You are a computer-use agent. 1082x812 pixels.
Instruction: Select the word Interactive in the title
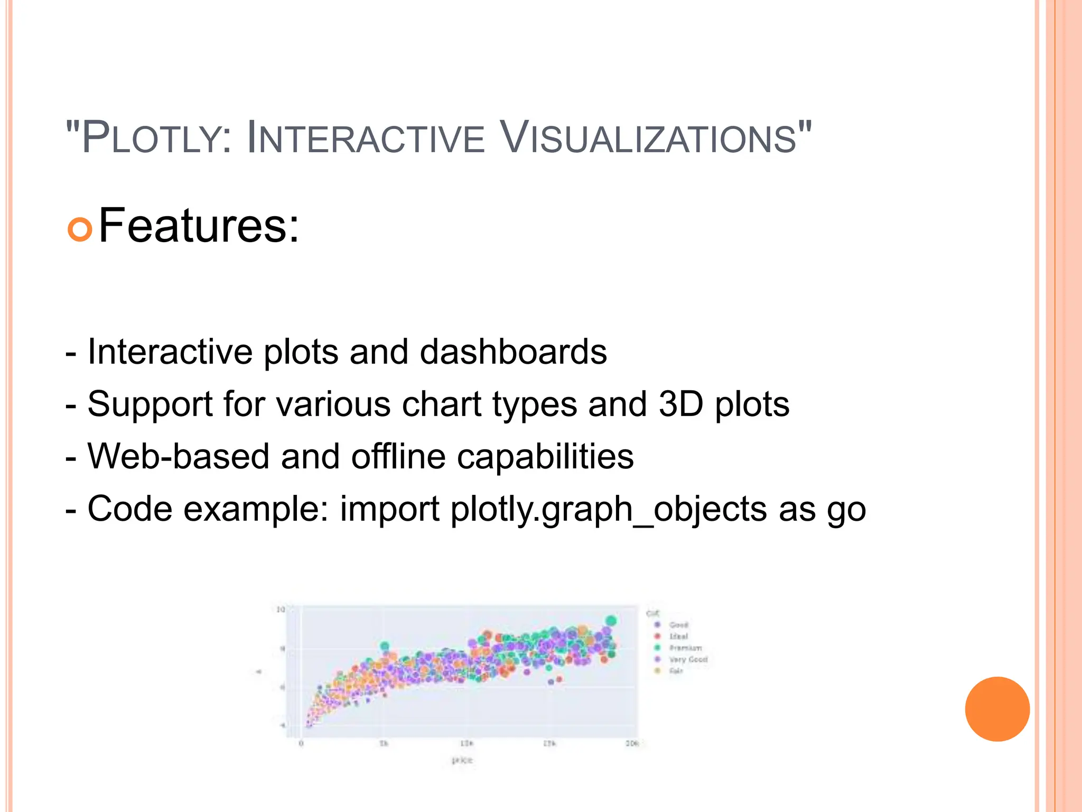tap(365, 139)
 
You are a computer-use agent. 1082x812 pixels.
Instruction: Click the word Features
tap(199, 226)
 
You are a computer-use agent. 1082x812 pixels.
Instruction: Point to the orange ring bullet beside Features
tap(80, 229)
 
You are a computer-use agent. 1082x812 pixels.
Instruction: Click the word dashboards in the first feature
tap(513, 352)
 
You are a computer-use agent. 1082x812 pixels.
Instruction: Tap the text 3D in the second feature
tap(681, 404)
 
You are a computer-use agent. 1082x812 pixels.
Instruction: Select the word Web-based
tap(179, 456)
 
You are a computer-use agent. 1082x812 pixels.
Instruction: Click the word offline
tap(398, 456)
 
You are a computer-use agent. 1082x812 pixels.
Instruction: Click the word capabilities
tap(545, 456)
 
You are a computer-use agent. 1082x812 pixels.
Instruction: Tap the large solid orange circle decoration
tap(997, 709)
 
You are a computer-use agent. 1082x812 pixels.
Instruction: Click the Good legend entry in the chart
tap(678, 625)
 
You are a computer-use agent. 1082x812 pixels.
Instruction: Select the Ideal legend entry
tap(678, 636)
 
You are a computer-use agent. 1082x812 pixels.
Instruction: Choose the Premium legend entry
tap(685, 648)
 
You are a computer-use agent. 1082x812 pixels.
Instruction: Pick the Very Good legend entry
tap(688, 660)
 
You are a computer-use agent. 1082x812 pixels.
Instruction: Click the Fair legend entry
tap(676, 671)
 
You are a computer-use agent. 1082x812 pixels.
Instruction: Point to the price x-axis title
tap(462, 760)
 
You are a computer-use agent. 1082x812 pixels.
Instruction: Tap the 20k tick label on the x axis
tap(632, 744)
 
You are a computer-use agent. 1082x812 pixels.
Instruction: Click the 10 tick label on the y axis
tap(281, 610)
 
